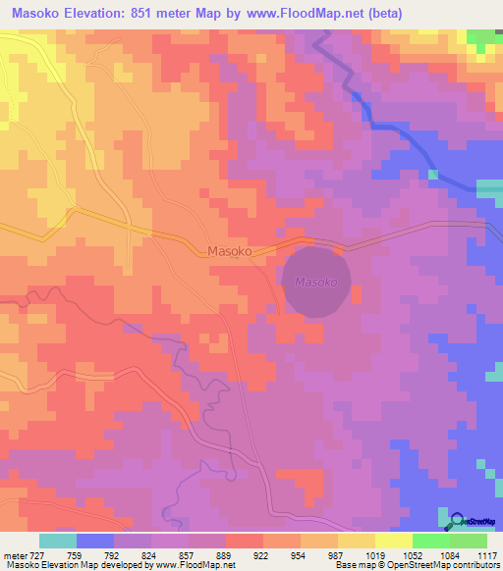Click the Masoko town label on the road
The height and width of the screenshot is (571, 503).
(231, 251)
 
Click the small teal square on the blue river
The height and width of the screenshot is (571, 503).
(432, 175)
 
